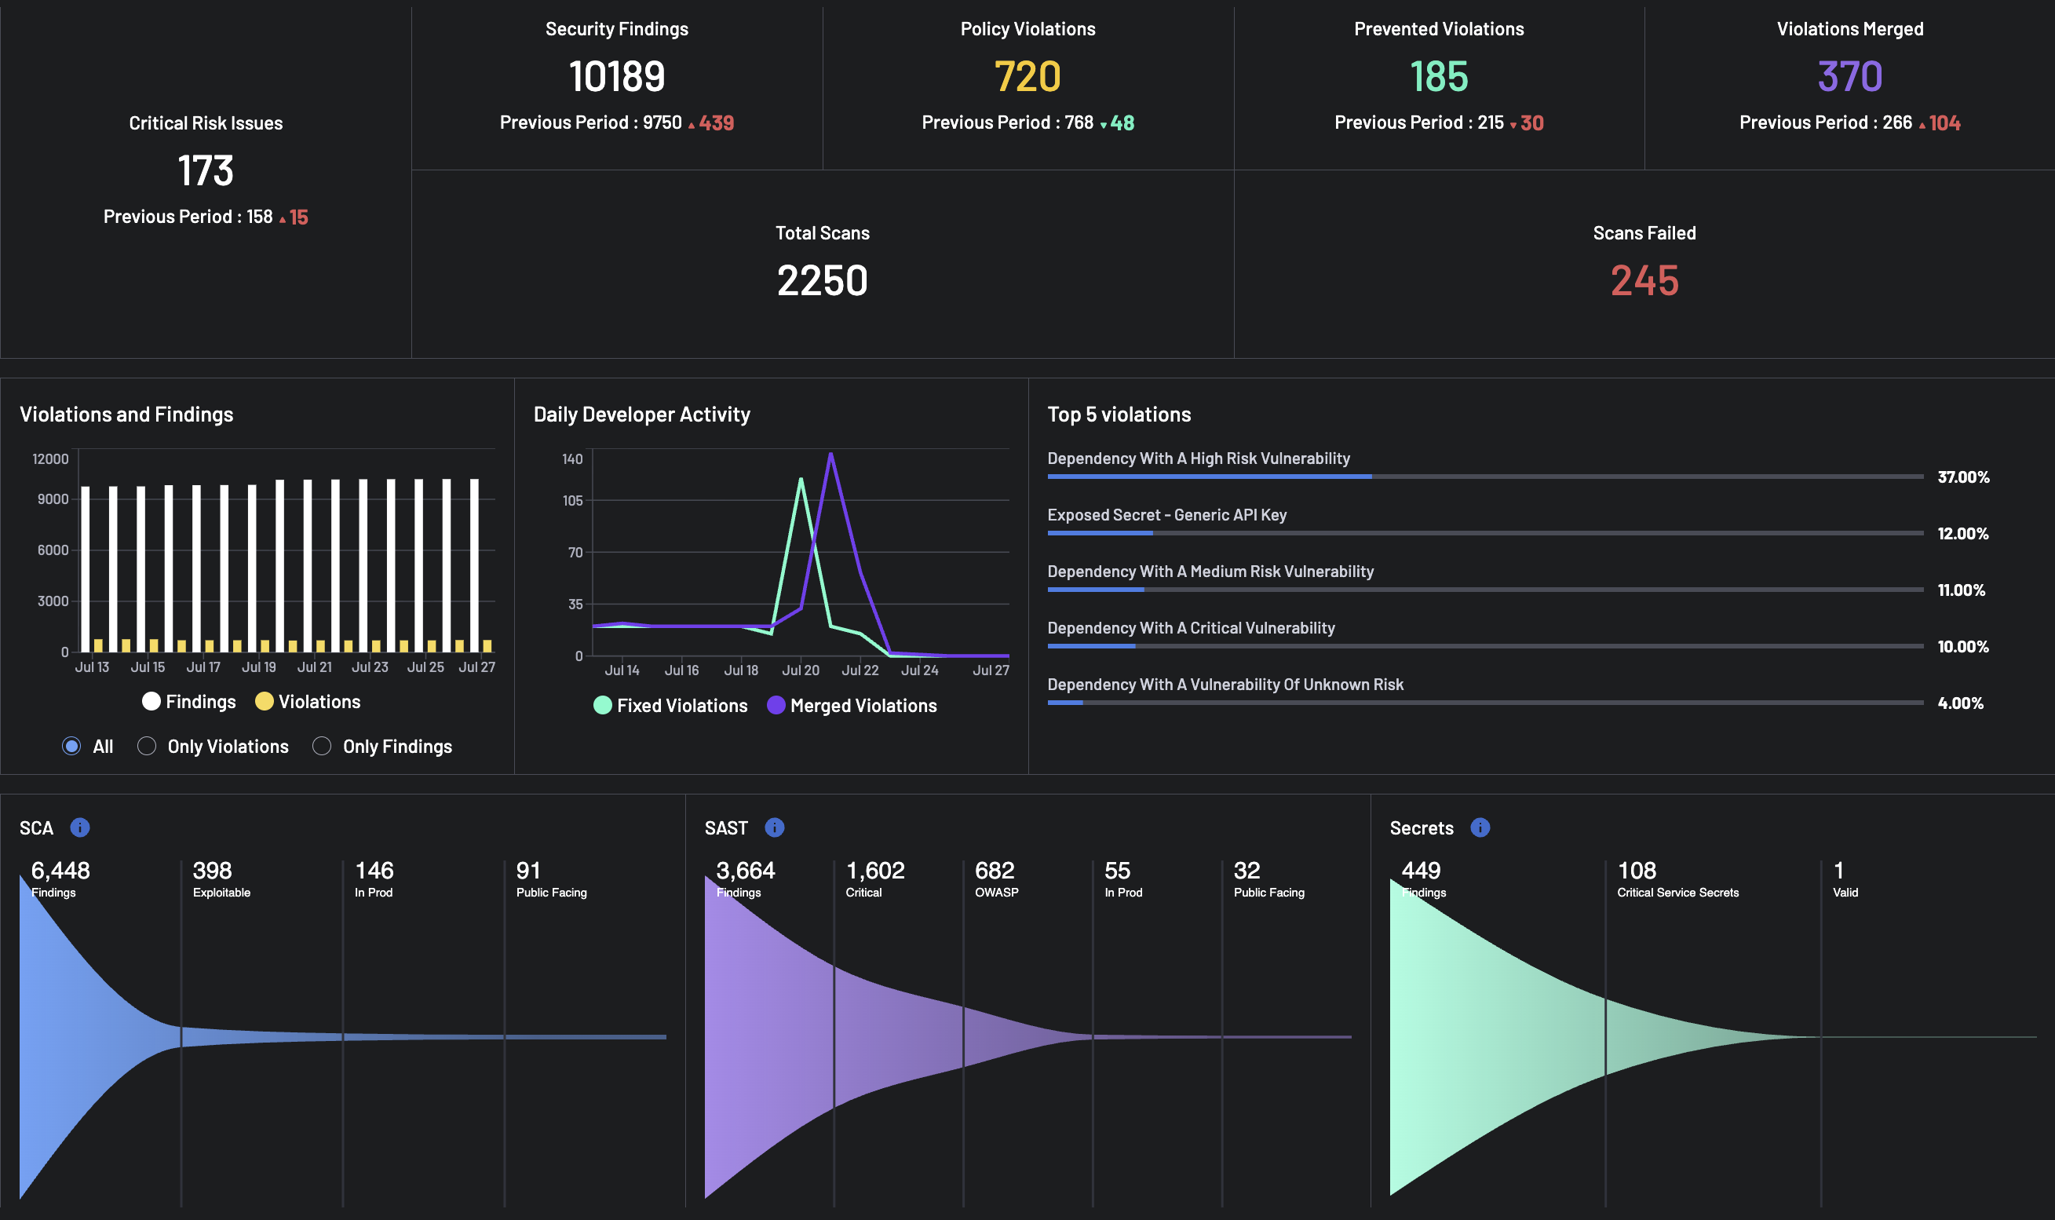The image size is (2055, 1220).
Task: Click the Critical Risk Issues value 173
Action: coord(206,171)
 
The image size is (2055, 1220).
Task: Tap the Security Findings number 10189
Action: coord(616,76)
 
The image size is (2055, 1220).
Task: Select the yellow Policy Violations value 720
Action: coord(1027,76)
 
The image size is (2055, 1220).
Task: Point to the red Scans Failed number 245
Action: coord(1644,280)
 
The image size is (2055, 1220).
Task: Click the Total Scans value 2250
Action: coord(822,280)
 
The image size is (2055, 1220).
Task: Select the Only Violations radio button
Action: coord(146,746)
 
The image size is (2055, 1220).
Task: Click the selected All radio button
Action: coord(71,746)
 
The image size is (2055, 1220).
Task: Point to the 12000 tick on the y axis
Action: coord(50,458)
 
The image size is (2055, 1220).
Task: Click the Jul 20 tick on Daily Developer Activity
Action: coord(801,670)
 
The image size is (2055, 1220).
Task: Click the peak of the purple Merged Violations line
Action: coord(831,453)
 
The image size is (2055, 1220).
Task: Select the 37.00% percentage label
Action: coord(1963,477)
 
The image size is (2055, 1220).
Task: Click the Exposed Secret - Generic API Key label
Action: coord(1166,515)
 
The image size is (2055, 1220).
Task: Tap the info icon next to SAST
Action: coord(774,827)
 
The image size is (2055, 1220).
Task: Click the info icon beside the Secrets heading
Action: coord(1480,827)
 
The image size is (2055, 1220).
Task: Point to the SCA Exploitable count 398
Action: coord(212,870)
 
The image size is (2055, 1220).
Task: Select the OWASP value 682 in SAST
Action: coord(995,870)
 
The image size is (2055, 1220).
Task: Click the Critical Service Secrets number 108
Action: coord(1637,870)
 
